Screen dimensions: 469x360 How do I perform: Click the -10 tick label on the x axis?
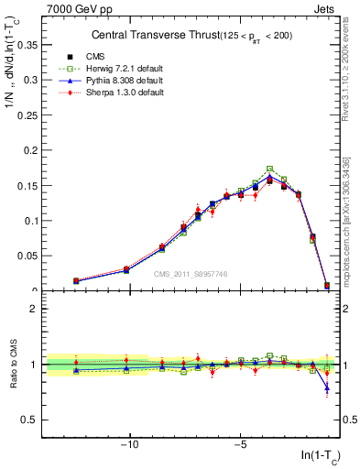tap(130, 445)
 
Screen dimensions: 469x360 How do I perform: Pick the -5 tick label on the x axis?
tap(239, 445)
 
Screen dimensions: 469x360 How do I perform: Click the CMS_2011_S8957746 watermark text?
tap(191, 274)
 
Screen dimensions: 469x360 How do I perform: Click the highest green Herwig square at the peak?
tap(269, 169)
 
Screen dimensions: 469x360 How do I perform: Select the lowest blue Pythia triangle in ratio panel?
tap(327, 387)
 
